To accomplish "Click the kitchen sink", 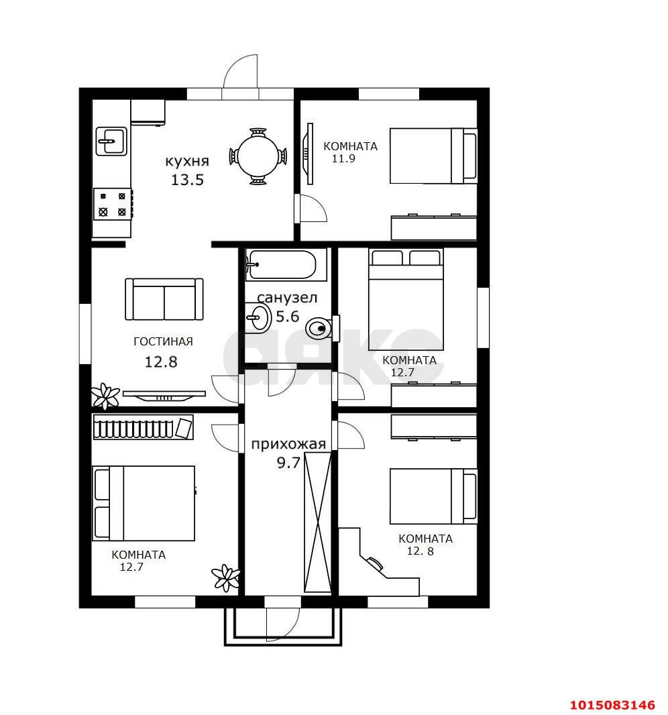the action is pyautogui.click(x=111, y=141).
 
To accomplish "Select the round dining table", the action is pyautogui.click(x=258, y=156).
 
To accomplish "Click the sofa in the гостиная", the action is pyautogui.click(x=164, y=299).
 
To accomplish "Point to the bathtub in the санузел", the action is pyautogui.click(x=286, y=264).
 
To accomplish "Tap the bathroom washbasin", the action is pyautogui.click(x=258, y=317).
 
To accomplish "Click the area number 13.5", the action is pyautogui.click(x=187, y=180).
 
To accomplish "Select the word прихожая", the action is pyautogui.click(x=288, y=444).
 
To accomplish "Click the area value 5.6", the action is pyautogui.click(x=288, y=316).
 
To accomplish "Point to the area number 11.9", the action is pyautogui.click(x=343, y=159).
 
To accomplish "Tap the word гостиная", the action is pyautogui.click(x=163, y=341).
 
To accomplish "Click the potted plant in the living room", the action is pyautogui.click(x=105, y=396).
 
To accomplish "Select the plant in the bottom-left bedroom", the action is pyautogui.click(x=226, y=577).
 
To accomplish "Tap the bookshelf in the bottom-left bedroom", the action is pyautogui.click(x=143, y=427).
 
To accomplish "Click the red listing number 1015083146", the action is pyautogui.click(x=613, y=705).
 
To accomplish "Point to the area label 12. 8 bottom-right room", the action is pyautogui.click(x=420, y=551).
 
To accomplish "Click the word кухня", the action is pyautogui.click(x=187, y=162).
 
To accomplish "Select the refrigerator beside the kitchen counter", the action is pyautogui.click(x=148, y=112).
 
